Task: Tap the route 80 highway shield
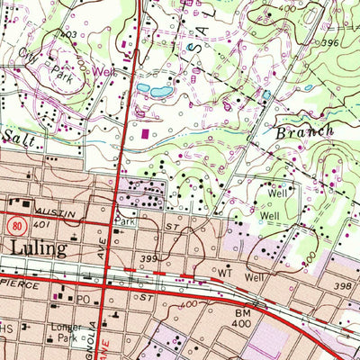pyautogui.click(x=16, y=222)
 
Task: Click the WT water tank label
pyautogui.click(x=226, y=270)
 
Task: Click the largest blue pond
pyautogui.click(x=162, y=91)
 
